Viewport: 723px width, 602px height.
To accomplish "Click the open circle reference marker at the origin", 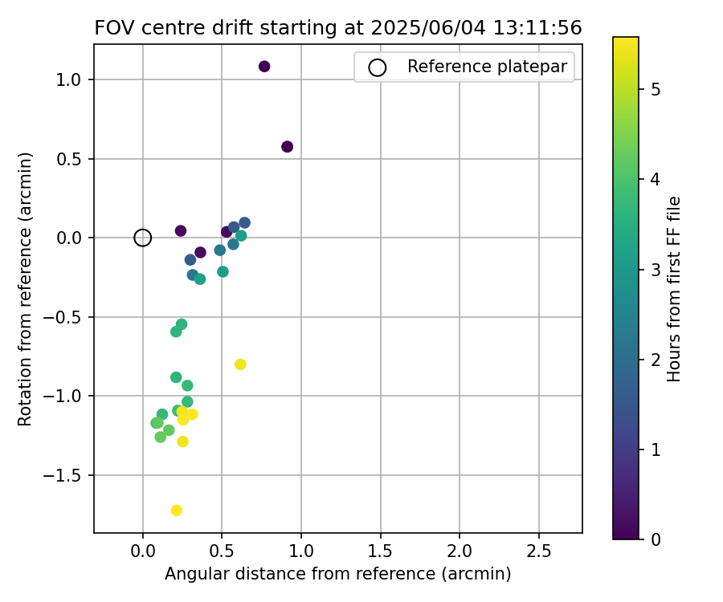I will pyautogui.click(x=143, y=238).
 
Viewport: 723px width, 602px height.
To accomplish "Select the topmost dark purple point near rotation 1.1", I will pyautogui.click(x=264, y=67).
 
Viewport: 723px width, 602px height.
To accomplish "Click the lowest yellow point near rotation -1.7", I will pyautogui.click(x=177, y=510).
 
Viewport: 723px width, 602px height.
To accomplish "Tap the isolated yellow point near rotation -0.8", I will pyautogui.click(x=240, y=364).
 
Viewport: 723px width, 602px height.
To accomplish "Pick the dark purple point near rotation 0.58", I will pyautogui.click(x=288, y=147).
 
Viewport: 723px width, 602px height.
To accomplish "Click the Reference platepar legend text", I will pyautogui.click(x=488, y=67).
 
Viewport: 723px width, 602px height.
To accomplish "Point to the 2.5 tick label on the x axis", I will pyautogui.click(x=538, y=552).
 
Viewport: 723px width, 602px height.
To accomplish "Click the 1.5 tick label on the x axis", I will pyautogui.click(x=380, y=552).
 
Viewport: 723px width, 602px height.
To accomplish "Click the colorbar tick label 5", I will pyautogui.click(x=655, y=89).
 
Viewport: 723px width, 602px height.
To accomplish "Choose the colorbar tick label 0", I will pyautogui.click(x=655, y=539).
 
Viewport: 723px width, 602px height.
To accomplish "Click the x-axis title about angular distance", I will pyautogui.click(x=338, y=575).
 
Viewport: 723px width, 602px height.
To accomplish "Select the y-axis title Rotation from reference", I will pyautogui.click(x=25, y=289).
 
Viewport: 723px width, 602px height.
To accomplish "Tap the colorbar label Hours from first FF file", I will pyautogui.click(x=675, y=289).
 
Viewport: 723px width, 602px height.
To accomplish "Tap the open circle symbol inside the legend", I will pyautogui.click(x=378, y=67).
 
